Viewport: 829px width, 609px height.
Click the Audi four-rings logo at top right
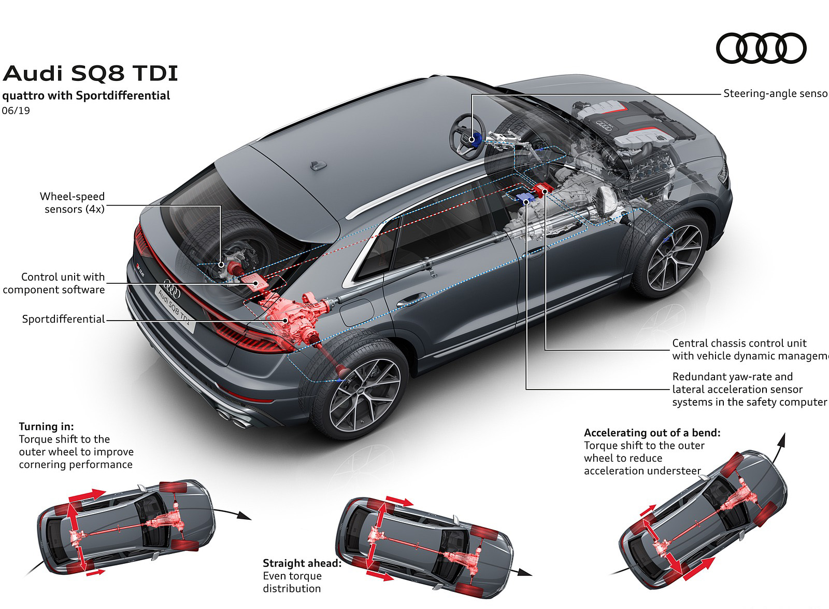[761, 48]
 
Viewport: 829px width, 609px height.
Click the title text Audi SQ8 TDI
[90, 74]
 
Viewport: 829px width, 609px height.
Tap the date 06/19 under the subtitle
[16, 110]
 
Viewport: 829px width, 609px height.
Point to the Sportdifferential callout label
[63, 319]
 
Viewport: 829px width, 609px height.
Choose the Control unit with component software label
[54, 283]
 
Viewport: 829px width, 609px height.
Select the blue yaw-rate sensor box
[524, 197]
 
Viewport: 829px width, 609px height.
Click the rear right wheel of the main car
[363, 394]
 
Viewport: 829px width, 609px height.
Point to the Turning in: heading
[47, 426]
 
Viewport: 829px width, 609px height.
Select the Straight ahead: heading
[302, 563]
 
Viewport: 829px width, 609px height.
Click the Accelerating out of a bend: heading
[652, 433]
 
